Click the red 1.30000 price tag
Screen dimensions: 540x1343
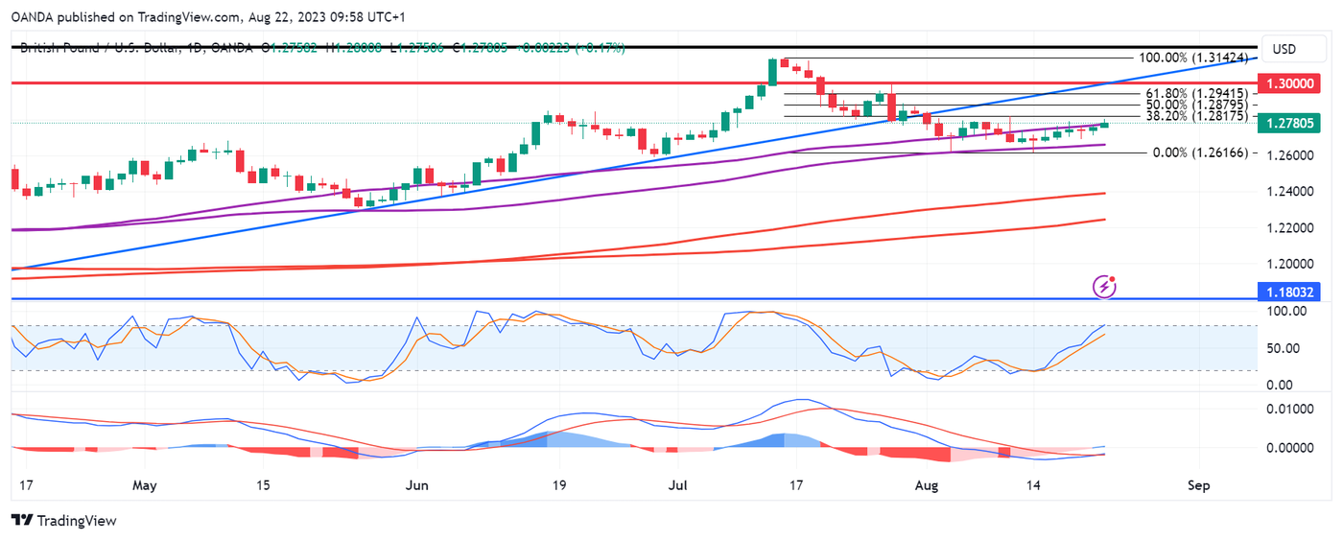1289,83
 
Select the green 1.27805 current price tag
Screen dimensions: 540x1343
1289,123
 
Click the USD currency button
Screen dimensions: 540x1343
1284,49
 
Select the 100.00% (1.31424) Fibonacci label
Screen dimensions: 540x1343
1192,58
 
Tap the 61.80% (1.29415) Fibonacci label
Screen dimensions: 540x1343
1196,94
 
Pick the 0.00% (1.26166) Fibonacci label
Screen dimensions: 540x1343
1200,153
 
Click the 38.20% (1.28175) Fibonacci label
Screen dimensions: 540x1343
1196,116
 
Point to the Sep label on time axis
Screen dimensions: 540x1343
1198,485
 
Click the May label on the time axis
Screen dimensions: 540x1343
144,485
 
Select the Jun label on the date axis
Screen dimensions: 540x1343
415,485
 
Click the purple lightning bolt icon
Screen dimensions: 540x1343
1105,285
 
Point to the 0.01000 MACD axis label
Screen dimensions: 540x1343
1287,410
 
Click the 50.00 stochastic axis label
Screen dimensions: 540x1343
1281,348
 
